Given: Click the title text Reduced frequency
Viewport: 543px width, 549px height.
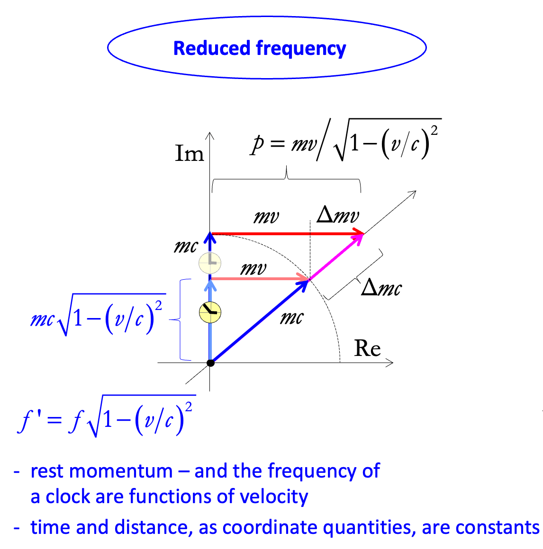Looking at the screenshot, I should [x=260, y=48].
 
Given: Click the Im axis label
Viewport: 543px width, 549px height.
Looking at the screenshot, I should [x=189, y=153].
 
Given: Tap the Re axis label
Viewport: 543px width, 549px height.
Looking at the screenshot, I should [x=367, y=348].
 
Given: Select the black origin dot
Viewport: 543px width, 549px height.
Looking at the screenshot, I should [x=211, y=363].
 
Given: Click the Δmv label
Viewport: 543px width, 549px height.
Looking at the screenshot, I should [x=338, y=215].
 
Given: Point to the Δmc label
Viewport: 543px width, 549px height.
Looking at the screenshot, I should [x=381, y=288].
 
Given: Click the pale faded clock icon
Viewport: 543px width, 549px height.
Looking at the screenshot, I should [x=209, y=263].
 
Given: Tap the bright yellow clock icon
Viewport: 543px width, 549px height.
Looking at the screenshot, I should [x=210, y=312].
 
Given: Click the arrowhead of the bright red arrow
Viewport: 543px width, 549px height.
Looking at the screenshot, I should [x=360, y=234].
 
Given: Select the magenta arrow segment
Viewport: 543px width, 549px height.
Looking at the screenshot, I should [x=336, y=256].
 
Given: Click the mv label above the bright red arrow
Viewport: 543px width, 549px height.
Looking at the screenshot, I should [x=266, y=217].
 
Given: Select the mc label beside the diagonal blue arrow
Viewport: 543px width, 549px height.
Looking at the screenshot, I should [x=291, y=317].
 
